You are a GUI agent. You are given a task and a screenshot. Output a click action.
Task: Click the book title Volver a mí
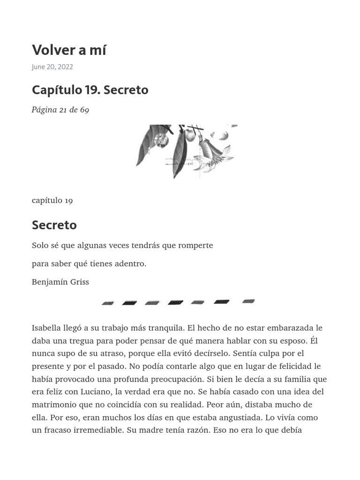coord(69,50)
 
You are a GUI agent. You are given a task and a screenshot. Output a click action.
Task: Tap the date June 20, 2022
coord(52,67)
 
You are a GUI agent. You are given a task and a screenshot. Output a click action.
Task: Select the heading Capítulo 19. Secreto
coord(90,90)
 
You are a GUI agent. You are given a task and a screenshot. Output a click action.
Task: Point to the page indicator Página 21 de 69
coord(60,110)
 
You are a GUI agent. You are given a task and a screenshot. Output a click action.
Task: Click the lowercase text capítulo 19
coord(52,201)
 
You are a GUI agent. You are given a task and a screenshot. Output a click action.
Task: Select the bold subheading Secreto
coord(54,225)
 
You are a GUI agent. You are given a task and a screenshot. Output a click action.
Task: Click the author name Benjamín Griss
coord(60,282)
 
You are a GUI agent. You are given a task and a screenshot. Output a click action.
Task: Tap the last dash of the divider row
coord(248,301)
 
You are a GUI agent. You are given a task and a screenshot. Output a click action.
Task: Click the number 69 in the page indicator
coord(84,110)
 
